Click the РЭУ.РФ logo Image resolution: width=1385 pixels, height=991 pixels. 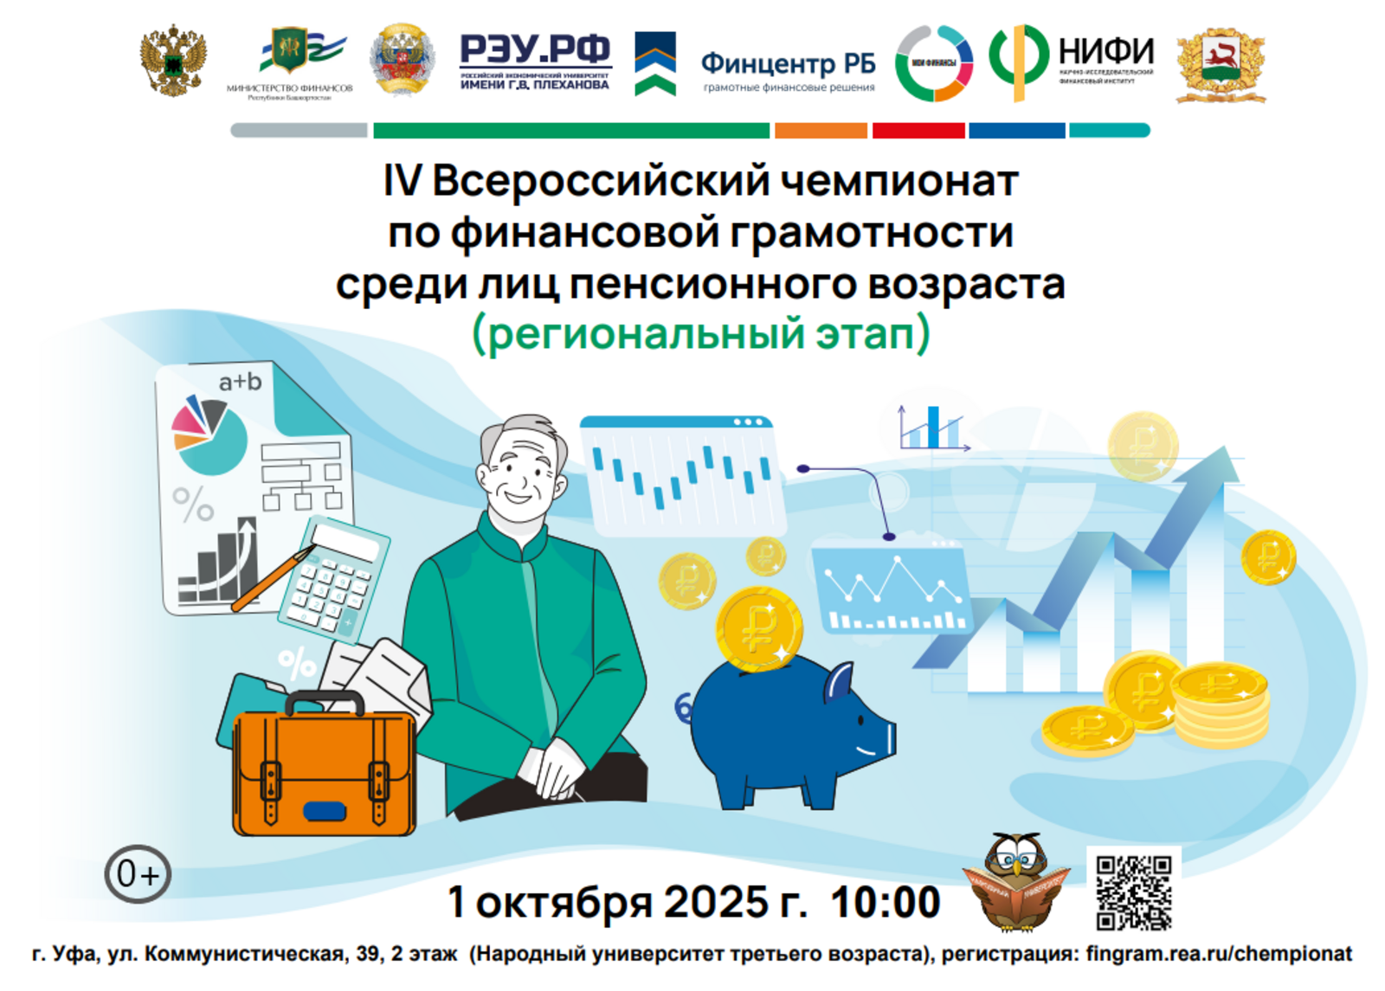(535, 61)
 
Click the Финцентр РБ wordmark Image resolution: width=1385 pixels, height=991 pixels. (788, 63)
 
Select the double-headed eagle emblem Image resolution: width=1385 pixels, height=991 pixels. (173, 61)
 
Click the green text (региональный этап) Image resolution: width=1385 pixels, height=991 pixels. (701, 334)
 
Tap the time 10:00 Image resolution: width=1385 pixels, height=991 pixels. (885, 902)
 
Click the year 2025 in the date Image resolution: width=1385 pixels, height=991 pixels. (716, 902)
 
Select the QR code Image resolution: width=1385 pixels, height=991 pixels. (1133, 892)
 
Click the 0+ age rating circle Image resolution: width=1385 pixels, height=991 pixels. (138, 874)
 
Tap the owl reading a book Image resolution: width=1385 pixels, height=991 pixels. (1017, 882)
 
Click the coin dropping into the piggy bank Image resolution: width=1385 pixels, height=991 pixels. (758, 627)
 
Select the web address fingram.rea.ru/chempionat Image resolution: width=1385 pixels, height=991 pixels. (1218, 954)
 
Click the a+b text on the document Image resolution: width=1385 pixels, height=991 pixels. (240, 382)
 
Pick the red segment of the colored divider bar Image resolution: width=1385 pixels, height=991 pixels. (918, 131)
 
